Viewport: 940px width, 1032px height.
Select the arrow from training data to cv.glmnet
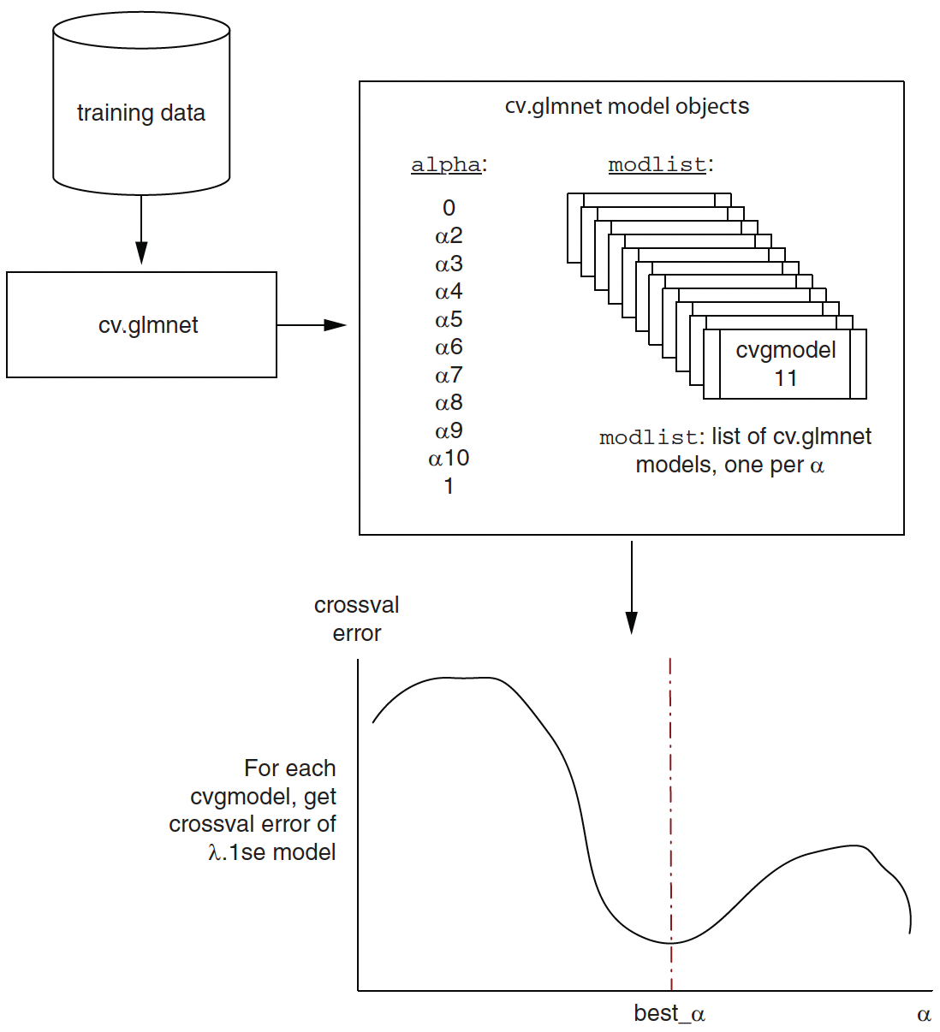[141, 229]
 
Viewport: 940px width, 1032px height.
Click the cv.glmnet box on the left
[141, 324]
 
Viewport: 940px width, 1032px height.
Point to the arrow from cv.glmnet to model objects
[311, 325]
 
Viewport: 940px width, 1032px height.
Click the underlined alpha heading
[446, 164]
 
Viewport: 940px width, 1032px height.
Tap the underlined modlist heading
[657, 164]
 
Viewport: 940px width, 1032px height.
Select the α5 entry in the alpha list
[449, 320]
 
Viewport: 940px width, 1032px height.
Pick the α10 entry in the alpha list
[449, 459]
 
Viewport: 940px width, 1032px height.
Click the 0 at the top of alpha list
[449, 208]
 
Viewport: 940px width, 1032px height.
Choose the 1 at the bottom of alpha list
[449, 487]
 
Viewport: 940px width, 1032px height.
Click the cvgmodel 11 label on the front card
[786, 364]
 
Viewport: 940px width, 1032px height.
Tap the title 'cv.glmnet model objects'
[626, 106]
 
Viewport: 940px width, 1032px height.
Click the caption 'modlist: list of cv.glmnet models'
[735, 451]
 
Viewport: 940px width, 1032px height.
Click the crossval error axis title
[357, 619]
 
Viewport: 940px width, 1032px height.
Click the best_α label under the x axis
[669, 1014]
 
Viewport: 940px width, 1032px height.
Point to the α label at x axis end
[924, 1015]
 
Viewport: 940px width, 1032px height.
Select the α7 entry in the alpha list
[449, 376]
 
